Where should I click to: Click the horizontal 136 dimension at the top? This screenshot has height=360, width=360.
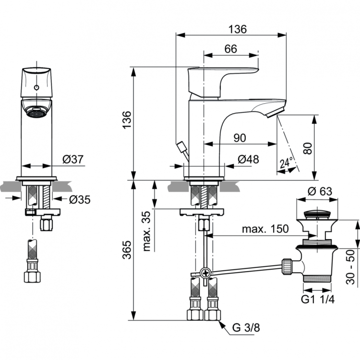pyautogui.click(x=237, y=29)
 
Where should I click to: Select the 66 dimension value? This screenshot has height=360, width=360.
pyautogui.click(x=231, y=48)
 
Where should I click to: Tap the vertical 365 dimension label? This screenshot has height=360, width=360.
pyautogui.click(x=126, y=250)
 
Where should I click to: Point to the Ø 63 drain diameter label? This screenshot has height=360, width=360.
pyautogui.click(x=319, y=191)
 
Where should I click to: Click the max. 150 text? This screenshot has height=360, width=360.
pyautogui.click(x=265, y=229)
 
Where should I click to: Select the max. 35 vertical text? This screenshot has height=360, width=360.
pyautogui.click(x=146, y=232)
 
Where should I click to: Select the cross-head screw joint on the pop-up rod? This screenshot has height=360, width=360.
pyautogui.click(x=206, y=274)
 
